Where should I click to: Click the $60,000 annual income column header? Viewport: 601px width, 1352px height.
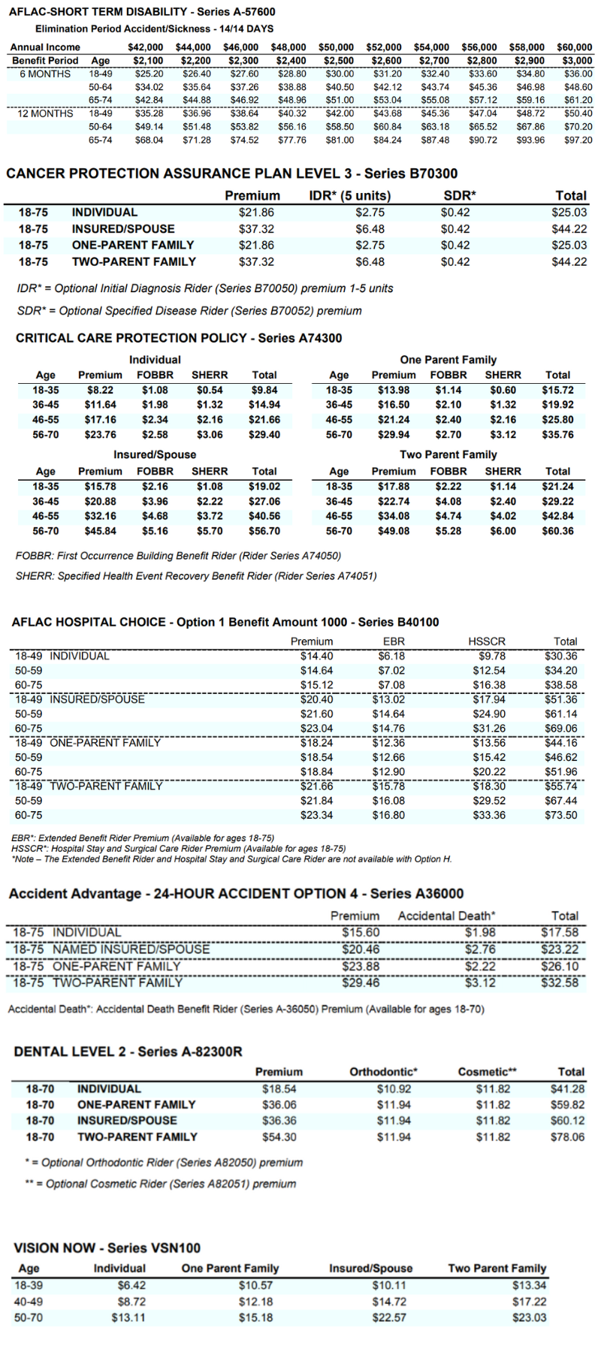pyautogui.click(x=574, y=47)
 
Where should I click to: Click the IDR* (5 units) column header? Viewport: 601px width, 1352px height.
pyautogui.click(x=350, y=196)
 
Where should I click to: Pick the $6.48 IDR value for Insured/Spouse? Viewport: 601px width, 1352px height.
pyautogui.click(x=370, y=229)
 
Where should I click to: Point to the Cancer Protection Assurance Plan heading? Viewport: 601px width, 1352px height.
pyautogui.click(x=231, y=174)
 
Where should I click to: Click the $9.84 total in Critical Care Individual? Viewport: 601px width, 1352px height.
pyautogui.click(x=264, y=391)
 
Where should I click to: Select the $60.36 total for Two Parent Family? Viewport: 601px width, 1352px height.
pyautogui.click(x=557, y=531)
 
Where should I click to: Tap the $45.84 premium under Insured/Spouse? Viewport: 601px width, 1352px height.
pyautogui.click(x=100, y=531)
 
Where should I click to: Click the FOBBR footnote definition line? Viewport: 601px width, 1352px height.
pyautogui.click(x=178, y=556)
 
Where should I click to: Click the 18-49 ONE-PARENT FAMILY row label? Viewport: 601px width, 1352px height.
pyautogui.click(x=88, y=743)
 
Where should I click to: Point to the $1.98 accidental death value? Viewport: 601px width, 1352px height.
pyautogui.click(x=480, y=933)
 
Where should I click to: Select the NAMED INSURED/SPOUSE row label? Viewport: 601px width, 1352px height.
pyautogui.click(x=111, y=949)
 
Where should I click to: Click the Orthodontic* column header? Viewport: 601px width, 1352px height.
pyautogui.click(x=383, y=1072)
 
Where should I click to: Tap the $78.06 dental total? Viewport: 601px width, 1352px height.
pyautogui.click(x=567, y=1137)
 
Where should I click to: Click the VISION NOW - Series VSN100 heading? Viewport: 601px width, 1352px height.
pyautogui.click(x=107, y=1248)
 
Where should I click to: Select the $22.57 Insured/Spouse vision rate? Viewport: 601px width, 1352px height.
pyautogui.click(x=389, y=1317)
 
